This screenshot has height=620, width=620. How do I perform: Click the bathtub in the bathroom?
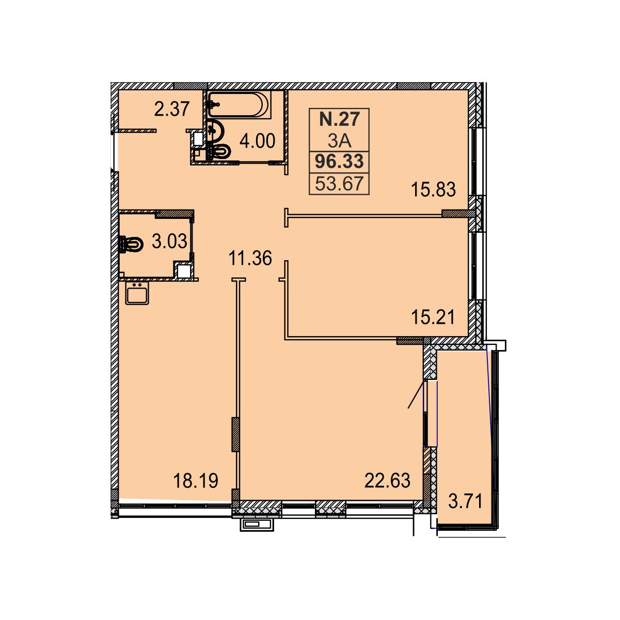tap(239, 105)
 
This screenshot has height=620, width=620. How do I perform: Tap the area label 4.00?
tap(258, 141)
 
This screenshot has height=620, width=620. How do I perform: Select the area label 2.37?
tap(171, 109)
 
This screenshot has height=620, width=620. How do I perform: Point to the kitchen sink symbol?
tap(137, 293)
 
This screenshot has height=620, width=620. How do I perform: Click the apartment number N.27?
tap(339, 119)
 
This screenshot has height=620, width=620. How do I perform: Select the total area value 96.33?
tap(339, 161)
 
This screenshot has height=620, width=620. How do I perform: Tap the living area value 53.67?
tap(339, 184)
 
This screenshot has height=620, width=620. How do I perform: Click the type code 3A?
tap(339, 140)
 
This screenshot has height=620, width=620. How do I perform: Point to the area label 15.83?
tap(433, 189)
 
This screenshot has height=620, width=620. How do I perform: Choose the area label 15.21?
tap(433, 317)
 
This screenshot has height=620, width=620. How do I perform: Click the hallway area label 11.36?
tap(250, 258)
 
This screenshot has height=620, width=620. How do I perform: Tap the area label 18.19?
tap(196, 481)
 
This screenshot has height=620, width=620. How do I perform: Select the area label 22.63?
tap(387, 481)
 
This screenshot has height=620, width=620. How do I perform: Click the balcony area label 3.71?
tap(466, 501)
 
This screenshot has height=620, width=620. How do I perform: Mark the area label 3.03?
tap(169, 241)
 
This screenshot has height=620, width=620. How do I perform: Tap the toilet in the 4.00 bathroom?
tap(220, 151)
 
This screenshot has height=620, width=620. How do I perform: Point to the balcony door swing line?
tap(416, 394)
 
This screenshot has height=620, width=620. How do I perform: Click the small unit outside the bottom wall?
tap(257, 525)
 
